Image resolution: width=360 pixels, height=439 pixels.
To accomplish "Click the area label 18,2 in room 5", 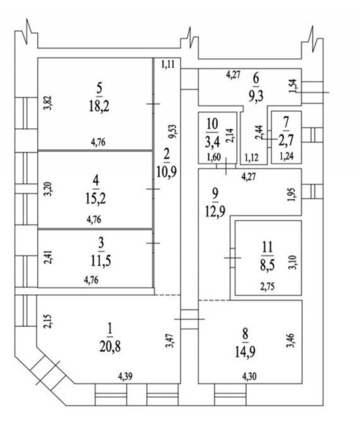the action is (99, 106).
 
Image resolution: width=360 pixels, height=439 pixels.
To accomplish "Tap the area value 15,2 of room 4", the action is (96, 199).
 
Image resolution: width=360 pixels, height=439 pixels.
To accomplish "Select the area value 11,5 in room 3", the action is (101, 261).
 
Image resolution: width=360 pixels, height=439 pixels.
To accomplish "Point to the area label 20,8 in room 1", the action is (110, 347).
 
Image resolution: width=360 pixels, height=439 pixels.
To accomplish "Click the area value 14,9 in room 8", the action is (245, 353).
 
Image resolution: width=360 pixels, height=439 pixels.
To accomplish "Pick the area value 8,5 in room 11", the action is (268, 265).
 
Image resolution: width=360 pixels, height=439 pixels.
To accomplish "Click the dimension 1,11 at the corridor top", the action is (168, 65).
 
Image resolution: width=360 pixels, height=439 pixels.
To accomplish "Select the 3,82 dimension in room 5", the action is (49, 103).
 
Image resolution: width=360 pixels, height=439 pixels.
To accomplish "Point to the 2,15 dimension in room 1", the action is (49, 321).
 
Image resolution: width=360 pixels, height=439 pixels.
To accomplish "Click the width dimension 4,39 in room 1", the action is (125, 377).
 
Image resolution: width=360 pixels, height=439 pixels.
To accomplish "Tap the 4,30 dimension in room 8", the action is (249, 377).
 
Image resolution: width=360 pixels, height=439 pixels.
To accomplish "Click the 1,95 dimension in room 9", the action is (292, 194).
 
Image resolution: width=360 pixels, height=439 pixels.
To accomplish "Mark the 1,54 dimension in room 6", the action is (294, 86).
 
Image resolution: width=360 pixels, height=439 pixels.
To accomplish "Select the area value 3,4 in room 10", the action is (212, 142).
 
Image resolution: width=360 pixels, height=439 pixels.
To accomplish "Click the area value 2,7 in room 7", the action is (286, 141).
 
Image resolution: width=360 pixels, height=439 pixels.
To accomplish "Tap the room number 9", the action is (215, 193).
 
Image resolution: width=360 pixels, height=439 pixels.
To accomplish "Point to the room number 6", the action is (256, 79).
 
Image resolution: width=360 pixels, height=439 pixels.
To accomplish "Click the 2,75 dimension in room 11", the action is (268, 287).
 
